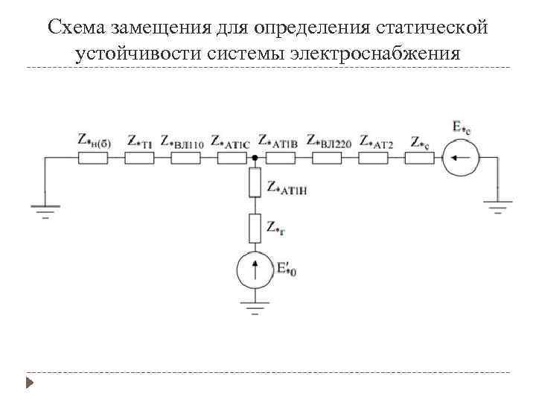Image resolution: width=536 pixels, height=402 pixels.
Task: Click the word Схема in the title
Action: pyautogui.click(x=76, y=28)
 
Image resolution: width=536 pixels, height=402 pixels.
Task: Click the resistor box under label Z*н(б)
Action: pyautogui.click(x=92, y=158)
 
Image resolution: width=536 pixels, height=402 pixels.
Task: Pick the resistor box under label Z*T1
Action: pyautogui.click(x=139, y=158)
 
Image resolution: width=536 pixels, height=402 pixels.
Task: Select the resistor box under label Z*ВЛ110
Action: pyautogui.click(x=185, y=158)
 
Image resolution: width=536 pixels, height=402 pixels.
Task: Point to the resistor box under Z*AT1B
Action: pyautogui.click(x=280, y=158)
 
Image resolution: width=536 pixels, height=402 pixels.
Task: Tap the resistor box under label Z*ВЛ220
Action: pyautogui.click(x=327, y=158)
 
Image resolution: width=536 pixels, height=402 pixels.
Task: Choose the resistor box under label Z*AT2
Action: pyautogui.click(x=373, y=158)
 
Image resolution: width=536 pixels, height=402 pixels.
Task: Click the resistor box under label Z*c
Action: pyautogui.click(x=419, y=158)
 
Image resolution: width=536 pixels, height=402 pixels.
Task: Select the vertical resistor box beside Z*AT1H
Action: pyautogui.click(x=255, y=182)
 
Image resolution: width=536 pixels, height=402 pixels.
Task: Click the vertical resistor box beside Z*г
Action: pyautogui.click(x=255, y=228)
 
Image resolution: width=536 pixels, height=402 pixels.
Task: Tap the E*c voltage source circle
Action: pyautogui.click(x=461, y=158)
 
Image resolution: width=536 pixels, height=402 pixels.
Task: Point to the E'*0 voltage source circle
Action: pyautogui.click(x=255, y=269)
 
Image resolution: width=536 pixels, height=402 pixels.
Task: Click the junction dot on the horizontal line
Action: pyautogui.click(x=255, y=158)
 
